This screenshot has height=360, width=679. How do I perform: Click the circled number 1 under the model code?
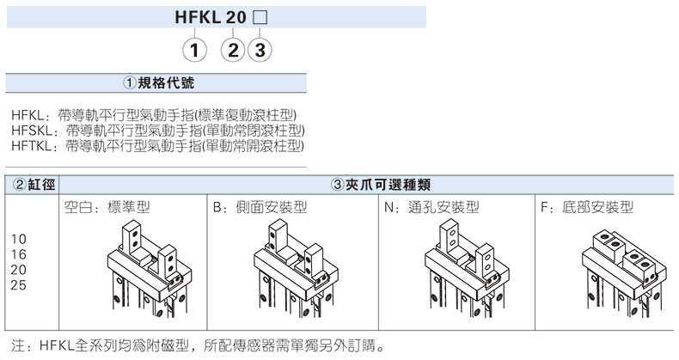coord(197,50)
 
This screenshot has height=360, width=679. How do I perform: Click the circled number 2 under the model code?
coord(234,50)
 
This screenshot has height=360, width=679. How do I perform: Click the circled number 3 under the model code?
coord(259,50)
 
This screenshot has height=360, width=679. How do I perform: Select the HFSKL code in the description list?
coord(32,131)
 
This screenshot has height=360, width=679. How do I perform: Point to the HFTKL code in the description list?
coord(32,147)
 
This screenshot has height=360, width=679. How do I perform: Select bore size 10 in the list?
coord(17,238)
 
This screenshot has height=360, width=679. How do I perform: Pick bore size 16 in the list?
coord(17,254)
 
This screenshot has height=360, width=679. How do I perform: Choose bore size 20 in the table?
coord(17,270)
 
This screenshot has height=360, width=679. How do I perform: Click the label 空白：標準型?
coord(107,207)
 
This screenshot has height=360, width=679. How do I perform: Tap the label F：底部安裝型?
coord(586,207)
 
